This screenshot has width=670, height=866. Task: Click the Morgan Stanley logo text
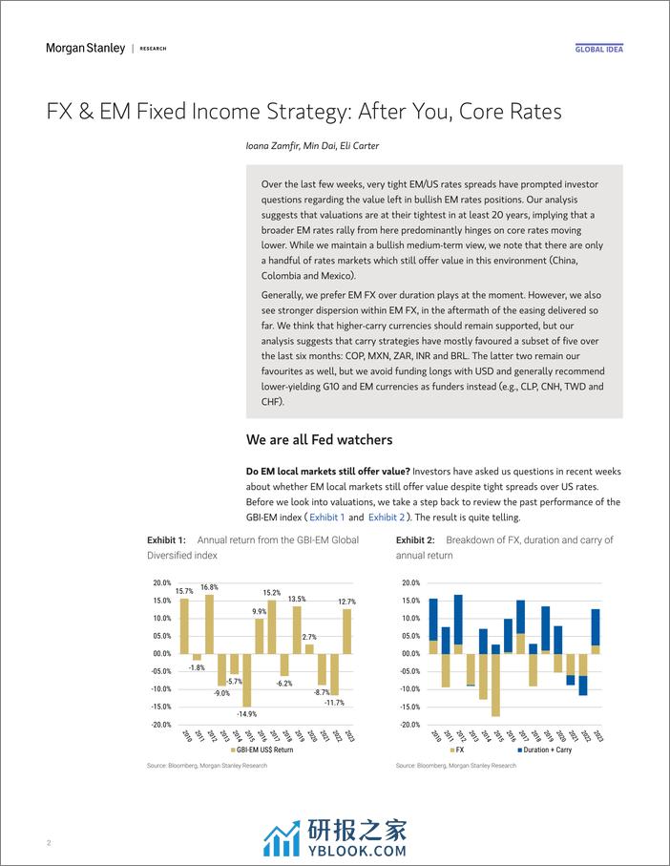[85, 48]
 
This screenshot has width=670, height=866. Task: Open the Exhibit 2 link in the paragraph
[388, 517]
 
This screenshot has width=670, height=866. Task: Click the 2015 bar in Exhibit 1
[246, 680]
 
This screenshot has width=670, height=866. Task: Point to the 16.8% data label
[208, 588]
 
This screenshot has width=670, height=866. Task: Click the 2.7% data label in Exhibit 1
[309, 636]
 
